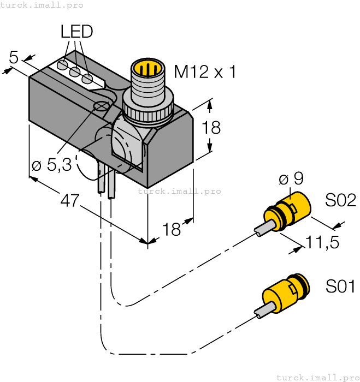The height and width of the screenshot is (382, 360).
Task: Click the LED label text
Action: (76, 32)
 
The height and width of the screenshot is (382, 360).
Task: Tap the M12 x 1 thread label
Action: (205, 71)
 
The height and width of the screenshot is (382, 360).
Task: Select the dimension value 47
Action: (69, 201)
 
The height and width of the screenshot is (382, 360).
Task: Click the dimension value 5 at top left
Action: (14, 57)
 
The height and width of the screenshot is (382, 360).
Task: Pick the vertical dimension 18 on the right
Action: (211, 128)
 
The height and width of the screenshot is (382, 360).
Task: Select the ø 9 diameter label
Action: (291, 178)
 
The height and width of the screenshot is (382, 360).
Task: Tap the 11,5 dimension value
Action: (322, 242)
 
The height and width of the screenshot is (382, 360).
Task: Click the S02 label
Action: (340, 200)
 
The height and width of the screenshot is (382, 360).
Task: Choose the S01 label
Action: (340, 286)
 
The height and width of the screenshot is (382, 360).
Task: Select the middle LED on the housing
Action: (75, 72)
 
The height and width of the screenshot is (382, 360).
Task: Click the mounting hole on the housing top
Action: (101, 106)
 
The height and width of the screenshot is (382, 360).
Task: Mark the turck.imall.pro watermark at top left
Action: (42, 5)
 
